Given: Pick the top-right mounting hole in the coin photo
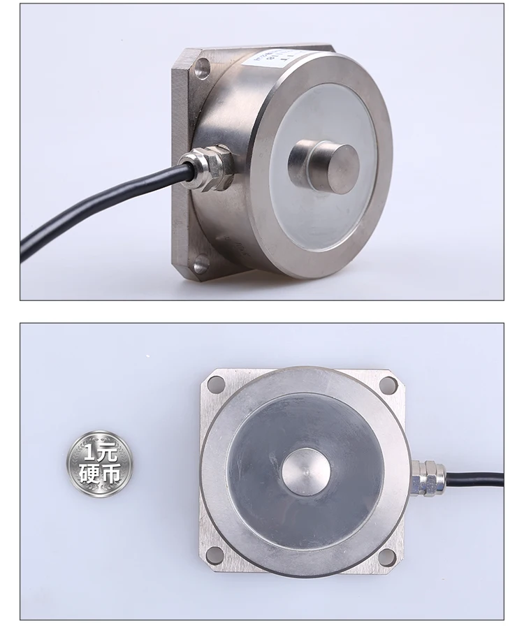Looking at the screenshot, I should click(387, 384).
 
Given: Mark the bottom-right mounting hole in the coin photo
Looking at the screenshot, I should click(386, 557).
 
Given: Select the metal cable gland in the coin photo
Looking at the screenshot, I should click(428, 477).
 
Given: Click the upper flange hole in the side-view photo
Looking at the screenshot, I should click(202, 68).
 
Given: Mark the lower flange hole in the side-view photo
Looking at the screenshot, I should click(201, 264).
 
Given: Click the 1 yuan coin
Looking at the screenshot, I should click(99, 462).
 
